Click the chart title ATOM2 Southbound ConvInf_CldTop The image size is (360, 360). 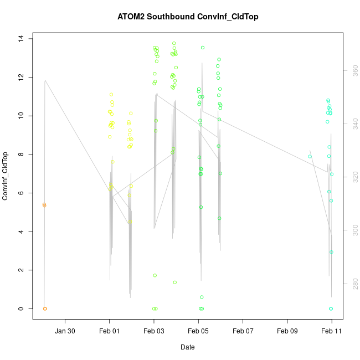(188, 17)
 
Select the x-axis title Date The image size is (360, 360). (187, 347)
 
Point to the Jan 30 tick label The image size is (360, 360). (65, 331)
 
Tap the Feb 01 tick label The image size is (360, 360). (109, 331)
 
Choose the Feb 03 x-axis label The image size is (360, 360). (154, 331)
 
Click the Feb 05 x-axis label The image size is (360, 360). (198, 331)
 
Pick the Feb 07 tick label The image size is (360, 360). (243, 331)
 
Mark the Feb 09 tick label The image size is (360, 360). (287, 331)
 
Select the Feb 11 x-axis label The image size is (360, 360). (332, 331)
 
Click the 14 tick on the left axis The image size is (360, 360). (20, 38)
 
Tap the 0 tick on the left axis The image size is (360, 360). (20, 308)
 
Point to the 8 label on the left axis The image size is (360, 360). (20, 154)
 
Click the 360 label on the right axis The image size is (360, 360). (355, 71)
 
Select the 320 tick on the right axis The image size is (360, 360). (355, 177)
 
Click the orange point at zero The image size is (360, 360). (45, 308)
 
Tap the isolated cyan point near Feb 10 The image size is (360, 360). (310, 156)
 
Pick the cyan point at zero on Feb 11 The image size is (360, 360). (331, 308)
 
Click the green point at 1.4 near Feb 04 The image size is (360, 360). (174, 282)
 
